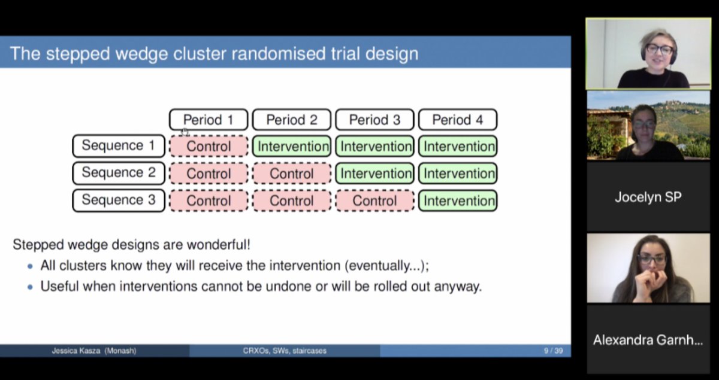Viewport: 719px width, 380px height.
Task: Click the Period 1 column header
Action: click(209, 120)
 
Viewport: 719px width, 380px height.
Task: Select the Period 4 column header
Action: click(457, 120)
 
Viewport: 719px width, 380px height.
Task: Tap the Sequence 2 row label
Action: click(118, 173)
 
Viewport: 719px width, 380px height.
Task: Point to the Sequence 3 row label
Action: click(118, 200)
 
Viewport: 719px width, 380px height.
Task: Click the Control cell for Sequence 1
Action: click(209, 146)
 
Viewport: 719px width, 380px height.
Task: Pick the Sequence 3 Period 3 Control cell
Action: click(374, 201)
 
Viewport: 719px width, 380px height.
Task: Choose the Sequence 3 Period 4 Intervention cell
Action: click(458, 201)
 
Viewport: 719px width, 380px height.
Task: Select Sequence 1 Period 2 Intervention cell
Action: click(291, 146)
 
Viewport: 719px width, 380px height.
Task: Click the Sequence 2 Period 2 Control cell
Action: click(291, 174)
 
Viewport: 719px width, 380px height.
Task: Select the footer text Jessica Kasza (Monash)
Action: click(94, 351)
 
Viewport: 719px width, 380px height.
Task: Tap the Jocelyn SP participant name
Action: click(648, 197)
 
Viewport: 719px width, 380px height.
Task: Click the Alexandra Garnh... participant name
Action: click(648, 340)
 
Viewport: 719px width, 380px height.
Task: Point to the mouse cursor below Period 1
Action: click(185, 132)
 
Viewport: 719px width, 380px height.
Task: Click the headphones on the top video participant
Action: click(645, 52)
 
